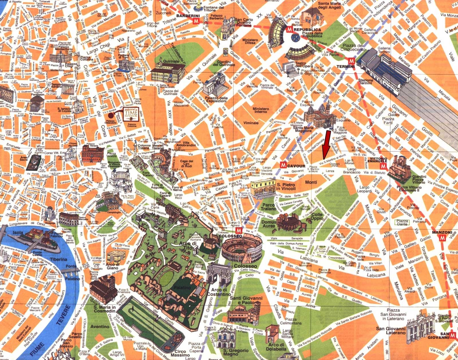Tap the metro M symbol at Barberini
click(x=196, y=21)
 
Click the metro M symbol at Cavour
click(x=283, y=165)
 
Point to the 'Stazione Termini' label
click(x=366, y=82)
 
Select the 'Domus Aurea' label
click(x=269, y=224)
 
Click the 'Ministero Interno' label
click(x=261, y=110)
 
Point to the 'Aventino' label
click(x=100, y=327)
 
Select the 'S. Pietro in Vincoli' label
click(x=286, y=187)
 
